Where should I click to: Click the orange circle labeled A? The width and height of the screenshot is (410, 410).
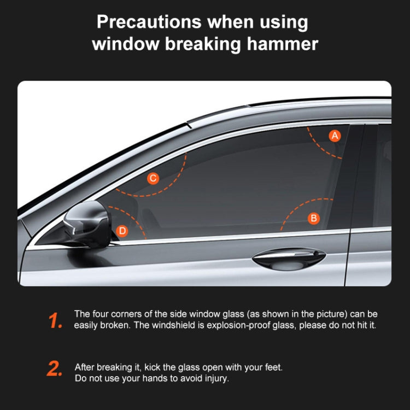tap(335, 135)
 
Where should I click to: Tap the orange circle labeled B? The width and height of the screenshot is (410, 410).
tap(314, 218)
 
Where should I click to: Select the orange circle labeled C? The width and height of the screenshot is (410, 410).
tap(153, 178)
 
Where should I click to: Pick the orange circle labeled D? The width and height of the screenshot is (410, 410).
tap(122, 231)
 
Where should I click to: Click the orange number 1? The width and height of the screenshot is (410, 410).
tap(55, 321)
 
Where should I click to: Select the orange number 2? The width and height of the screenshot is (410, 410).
tap(55, 369)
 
